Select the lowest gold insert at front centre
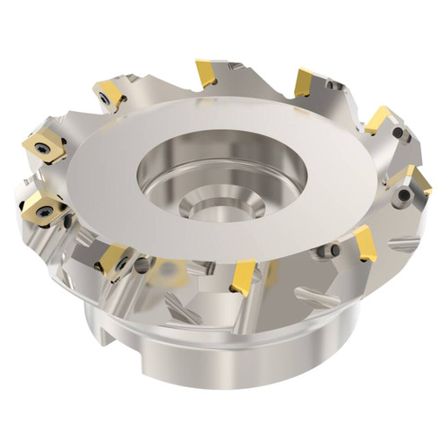(x=243, y=277)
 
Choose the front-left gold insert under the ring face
(x=114, y=259)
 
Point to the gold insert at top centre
(x=205, y=73)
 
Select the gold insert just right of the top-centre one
(x=303, y=82)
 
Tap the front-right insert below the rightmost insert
(x=366, y=242)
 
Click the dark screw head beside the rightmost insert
(x=405, y=194)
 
